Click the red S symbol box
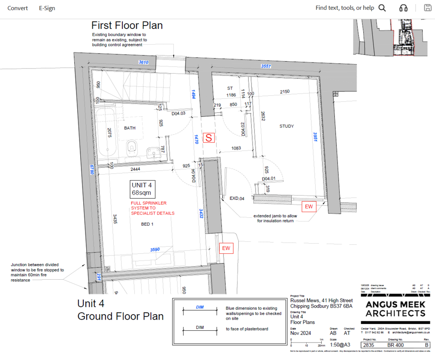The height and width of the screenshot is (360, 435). point(209,138)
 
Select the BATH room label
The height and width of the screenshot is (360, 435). point(130,128)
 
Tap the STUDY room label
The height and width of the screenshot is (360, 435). point(287,126)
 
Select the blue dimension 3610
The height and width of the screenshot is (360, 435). point(144,62)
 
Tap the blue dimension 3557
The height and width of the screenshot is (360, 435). point(266,67)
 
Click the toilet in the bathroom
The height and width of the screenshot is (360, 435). point(132,147)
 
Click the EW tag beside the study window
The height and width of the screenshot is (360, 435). point(309,207)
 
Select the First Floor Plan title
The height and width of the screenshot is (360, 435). point(127,25)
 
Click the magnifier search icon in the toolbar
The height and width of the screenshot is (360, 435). point(382,8)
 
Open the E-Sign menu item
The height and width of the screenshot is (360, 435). point(47,8)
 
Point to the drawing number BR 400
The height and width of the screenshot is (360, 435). point(395,346)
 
